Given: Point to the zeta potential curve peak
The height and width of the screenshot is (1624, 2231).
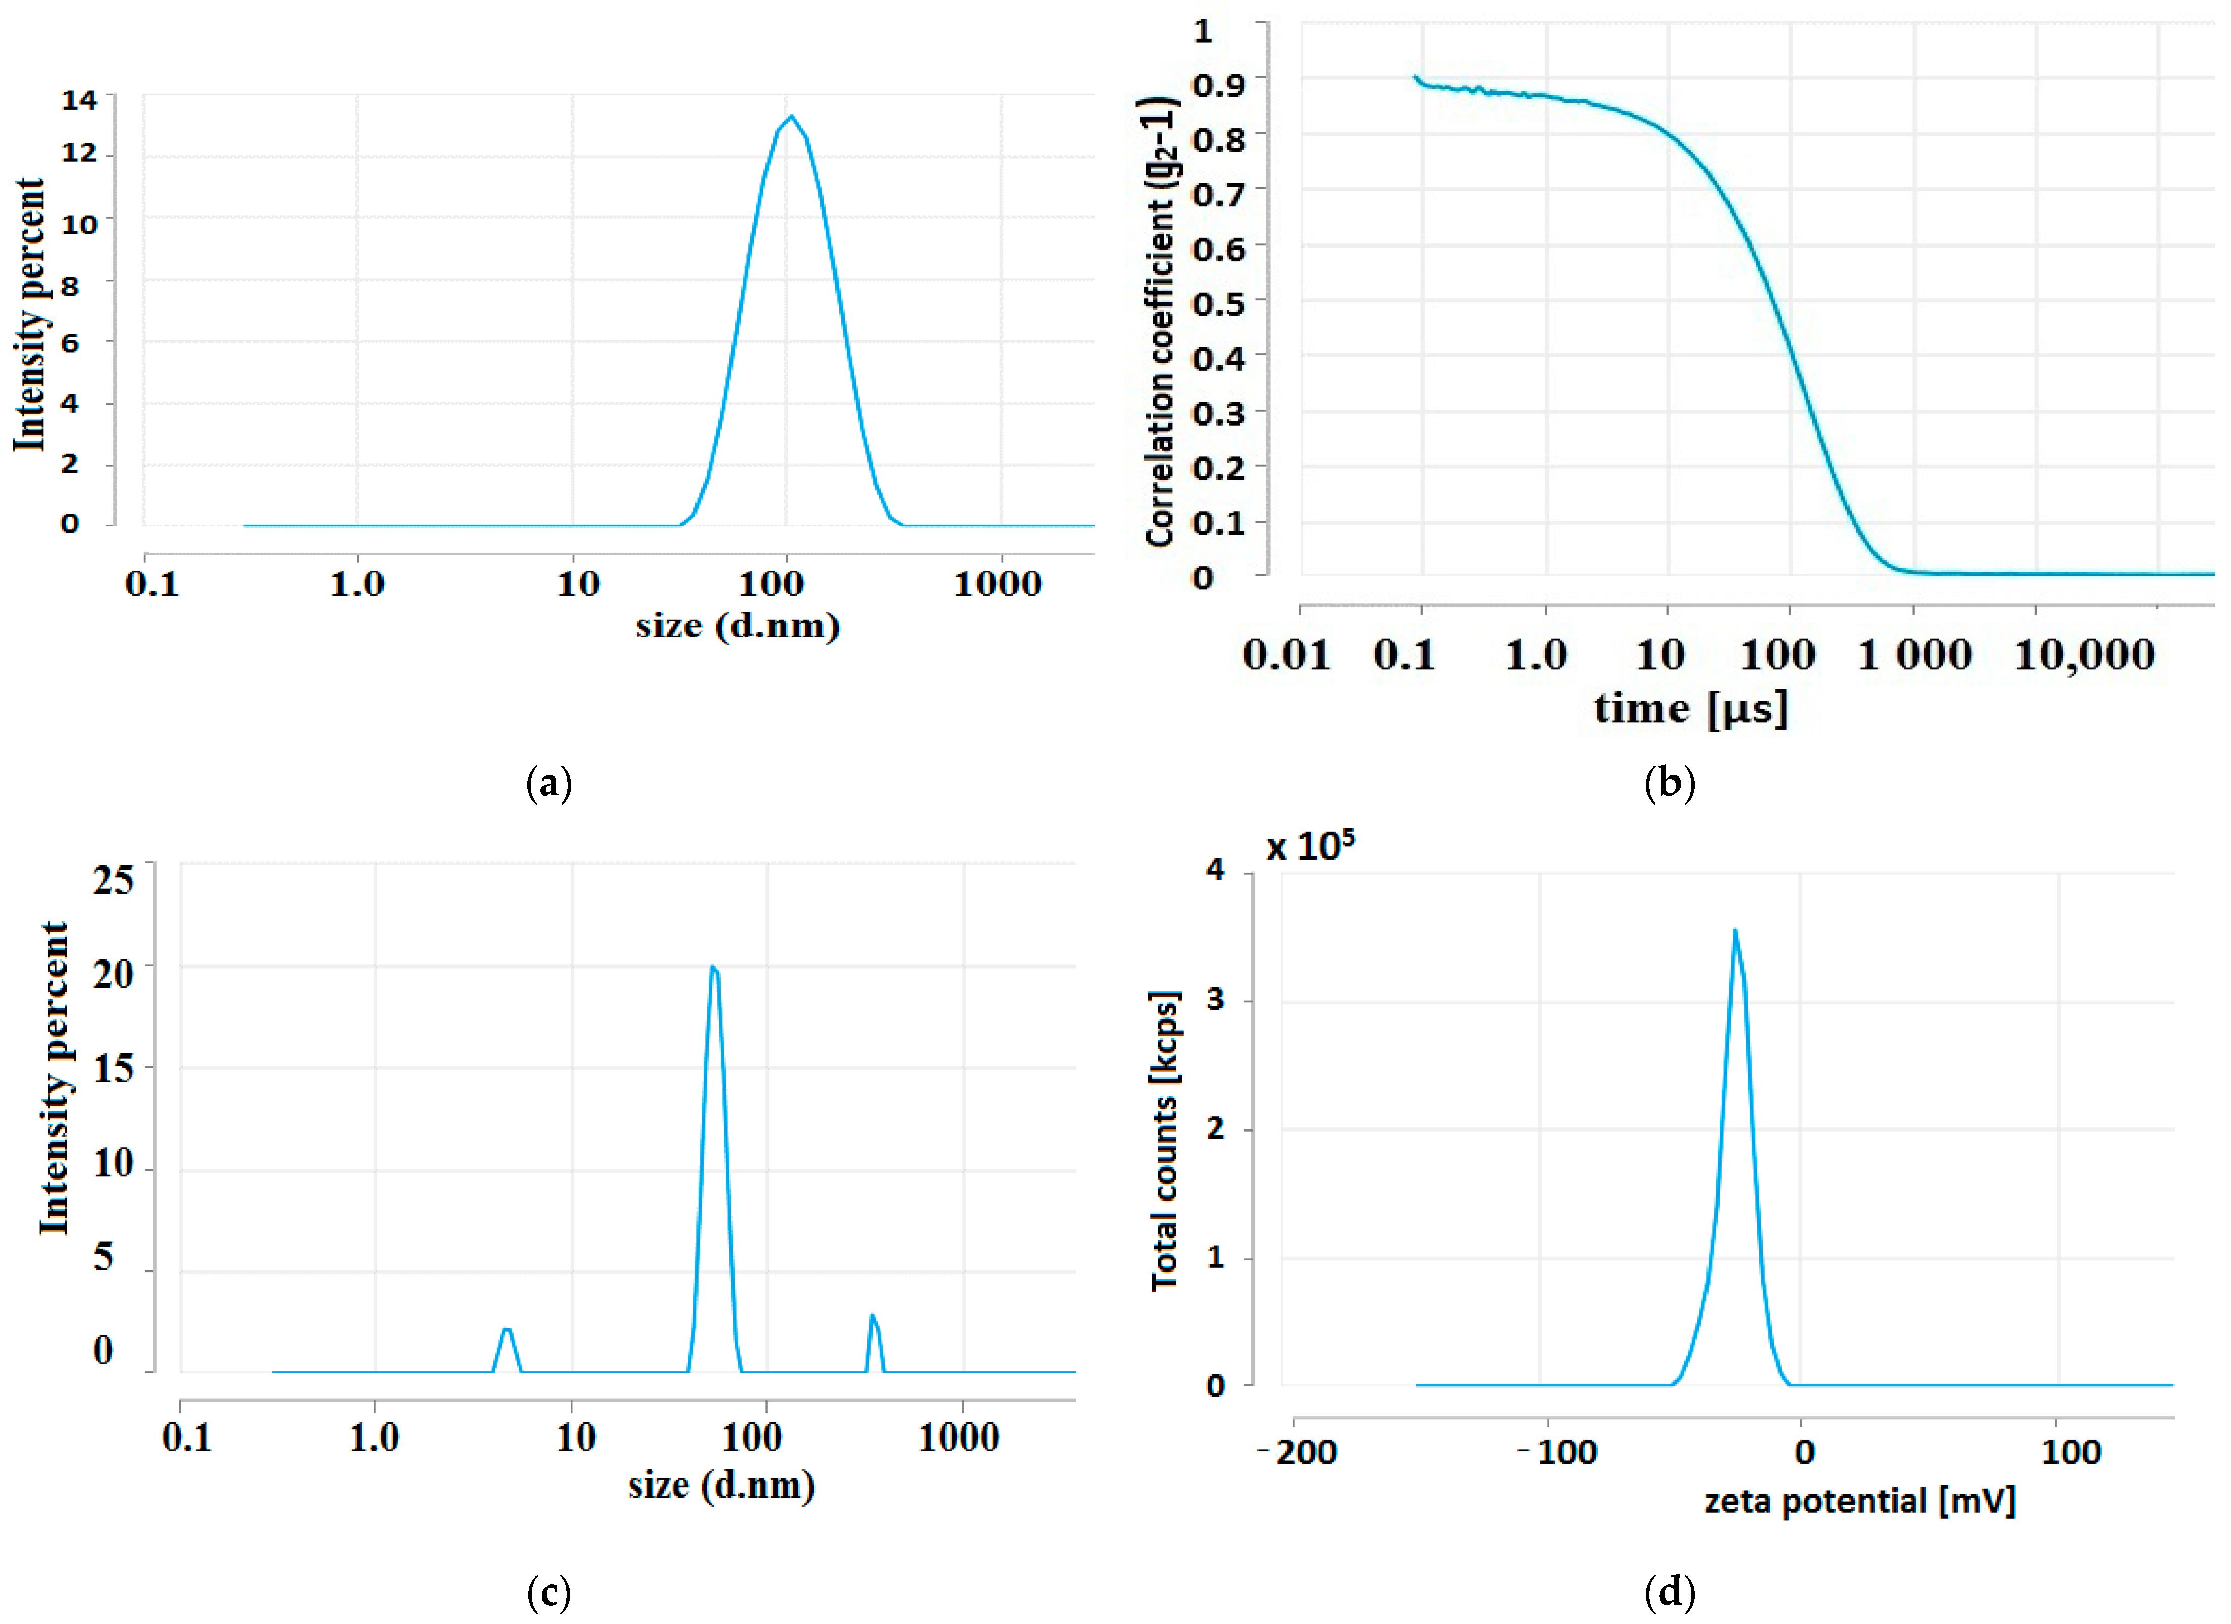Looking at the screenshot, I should [x=1735, y=931].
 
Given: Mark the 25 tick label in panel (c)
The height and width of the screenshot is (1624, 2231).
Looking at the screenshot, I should [x=113, y=879].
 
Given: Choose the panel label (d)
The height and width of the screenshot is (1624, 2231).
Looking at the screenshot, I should [x=1669, y=1592].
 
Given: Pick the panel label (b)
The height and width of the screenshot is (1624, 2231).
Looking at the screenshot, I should [x=1669, y=784].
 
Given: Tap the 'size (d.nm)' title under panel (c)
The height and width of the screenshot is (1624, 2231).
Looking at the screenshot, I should [x=721, y=1486].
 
